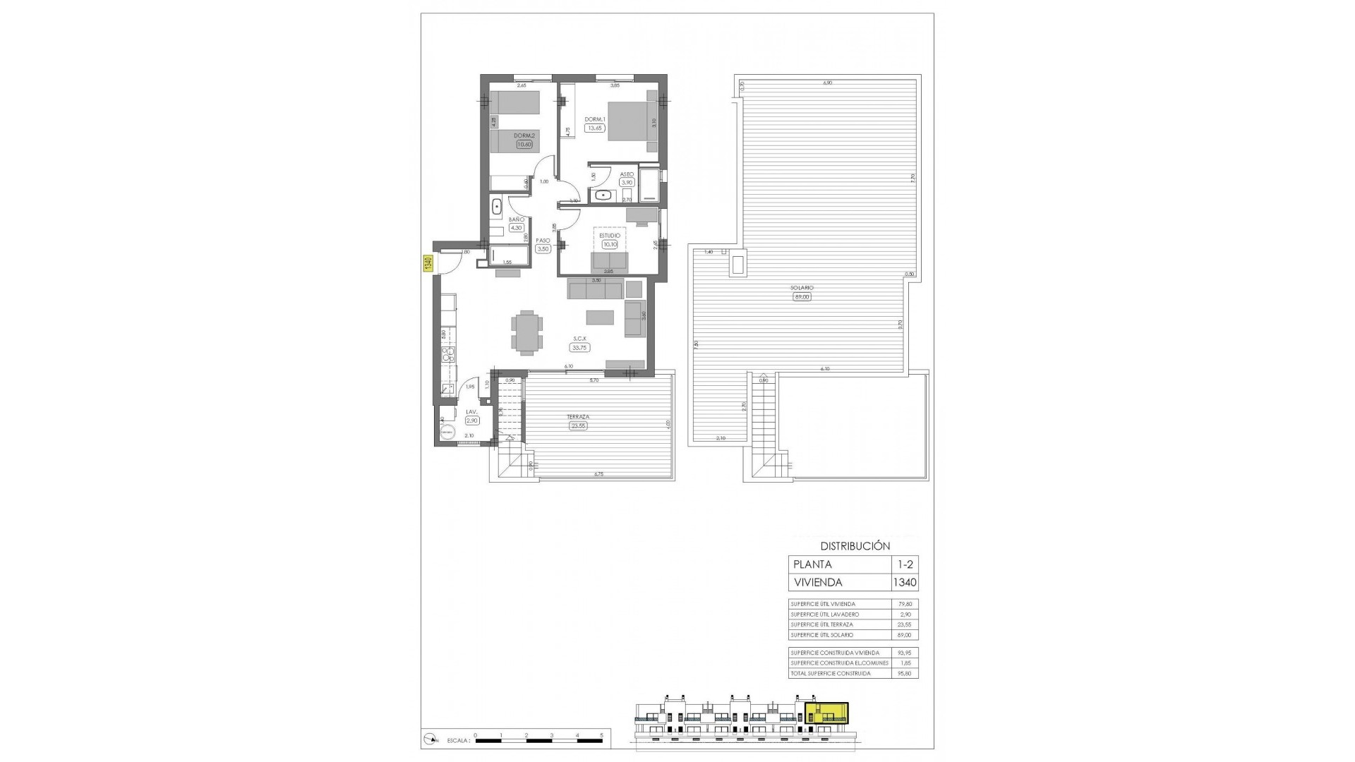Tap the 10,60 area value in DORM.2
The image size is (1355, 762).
point(524,145)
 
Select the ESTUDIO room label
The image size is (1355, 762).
point(609,236)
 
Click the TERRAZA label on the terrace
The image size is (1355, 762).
point(578,417)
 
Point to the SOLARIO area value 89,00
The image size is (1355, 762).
point(802,297)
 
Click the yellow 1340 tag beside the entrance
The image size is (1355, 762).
point(428,264)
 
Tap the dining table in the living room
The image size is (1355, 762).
point(527,332)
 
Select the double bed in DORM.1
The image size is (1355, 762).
point(632,121)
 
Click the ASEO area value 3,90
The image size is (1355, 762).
point(627,182)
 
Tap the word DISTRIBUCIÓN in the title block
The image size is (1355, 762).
point(855,546)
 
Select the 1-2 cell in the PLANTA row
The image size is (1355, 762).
point(904,564)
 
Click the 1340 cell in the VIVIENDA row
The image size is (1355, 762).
point(904,583)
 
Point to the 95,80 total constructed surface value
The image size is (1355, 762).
point(904,673)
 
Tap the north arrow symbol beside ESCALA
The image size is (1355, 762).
point(430,759)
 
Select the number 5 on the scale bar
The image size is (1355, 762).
point(602,754)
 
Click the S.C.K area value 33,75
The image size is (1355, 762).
point(580,347)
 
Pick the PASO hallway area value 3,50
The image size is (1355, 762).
point(543,249)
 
